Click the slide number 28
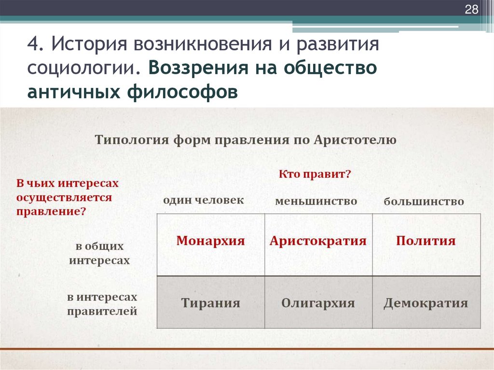click(471, 10)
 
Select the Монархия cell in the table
click(210, 241)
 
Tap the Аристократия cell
click(318, 241)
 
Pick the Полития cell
click(425, 241)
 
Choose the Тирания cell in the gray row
click(210, 303)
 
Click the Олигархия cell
click(318, 303)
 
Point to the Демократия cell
click(425, 303)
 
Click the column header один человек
click(203, 200)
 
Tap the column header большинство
click(424, 201)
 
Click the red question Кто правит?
click(314, 175)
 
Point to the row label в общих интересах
click(99, 253)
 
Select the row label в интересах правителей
click(102, 304)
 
